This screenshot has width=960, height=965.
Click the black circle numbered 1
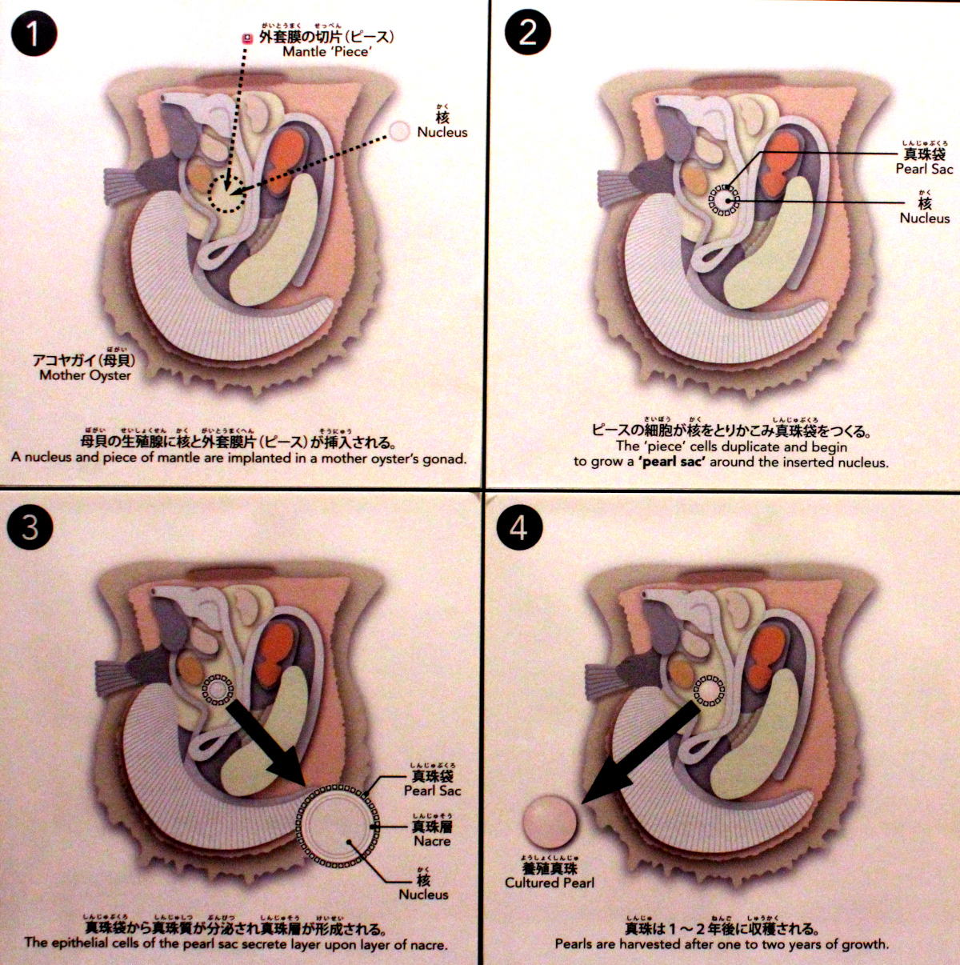point(34,34)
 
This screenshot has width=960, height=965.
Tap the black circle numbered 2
point(527,33)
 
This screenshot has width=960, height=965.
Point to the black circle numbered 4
point(518,527)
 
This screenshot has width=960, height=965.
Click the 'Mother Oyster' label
point(85,375)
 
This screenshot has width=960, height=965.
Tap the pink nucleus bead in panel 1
point(399,131)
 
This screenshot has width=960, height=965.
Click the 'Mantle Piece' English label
point(326,52)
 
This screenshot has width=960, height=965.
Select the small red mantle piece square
point(246,38)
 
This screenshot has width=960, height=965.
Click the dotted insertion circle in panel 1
point(226,195)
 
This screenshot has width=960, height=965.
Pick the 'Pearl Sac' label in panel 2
point(924,169)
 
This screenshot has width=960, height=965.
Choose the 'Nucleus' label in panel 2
point(924,218)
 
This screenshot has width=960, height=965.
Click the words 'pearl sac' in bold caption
point(673,462)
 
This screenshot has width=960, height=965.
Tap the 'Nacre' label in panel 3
point(432,841)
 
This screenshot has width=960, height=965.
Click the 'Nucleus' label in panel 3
point(423,895)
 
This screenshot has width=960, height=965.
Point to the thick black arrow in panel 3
point(267,740)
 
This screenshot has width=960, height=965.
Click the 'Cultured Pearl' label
point(550,883)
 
